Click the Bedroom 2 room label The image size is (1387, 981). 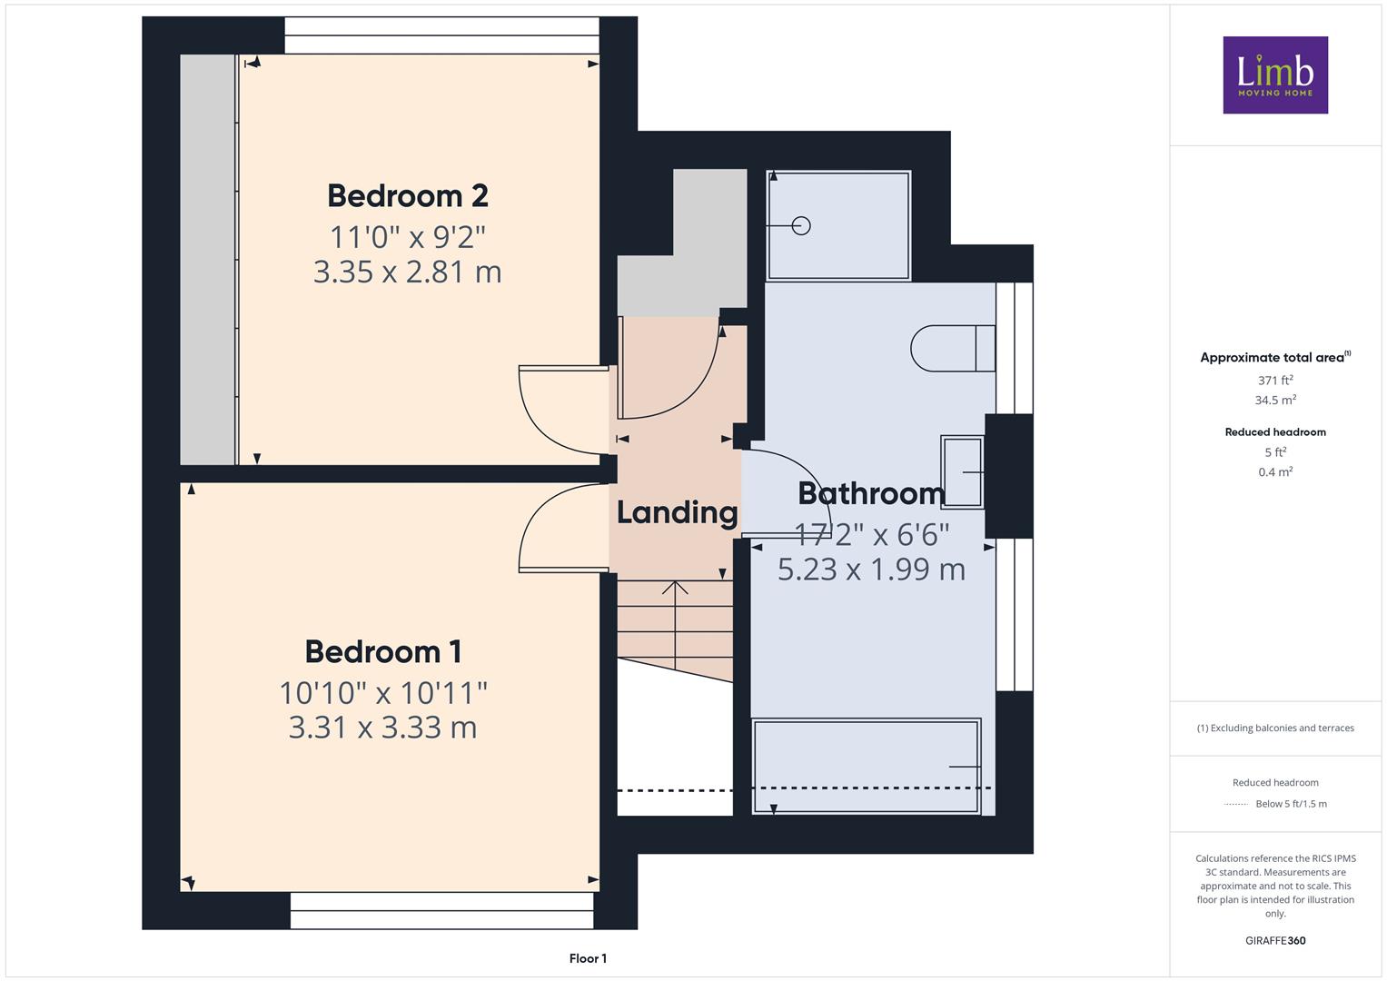(x=408, y=195)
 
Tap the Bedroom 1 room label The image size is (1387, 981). (x=383, y=651)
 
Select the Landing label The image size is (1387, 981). (x=677, y=514)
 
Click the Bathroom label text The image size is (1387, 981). (x=871, y=493)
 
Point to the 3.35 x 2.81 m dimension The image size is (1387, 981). (x=408, y=272)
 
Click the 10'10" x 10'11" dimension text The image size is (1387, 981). (x=383, y=692)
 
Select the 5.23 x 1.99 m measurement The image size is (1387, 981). (x=871, y=570)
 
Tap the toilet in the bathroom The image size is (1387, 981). (x=953, y=348)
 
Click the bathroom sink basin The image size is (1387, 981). (x=962, y=472)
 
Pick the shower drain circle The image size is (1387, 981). (x=801, y=226)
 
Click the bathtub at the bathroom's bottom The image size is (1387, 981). (x=866, y=766)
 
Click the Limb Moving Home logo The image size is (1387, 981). (x=1275, y=74)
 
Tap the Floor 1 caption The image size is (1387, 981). (x=588, y=958)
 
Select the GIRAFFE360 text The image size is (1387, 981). (x=1275, y=940)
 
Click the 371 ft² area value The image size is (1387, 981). (x=1275, y=380)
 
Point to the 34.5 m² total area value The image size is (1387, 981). (x=1275, y=400)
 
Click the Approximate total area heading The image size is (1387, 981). (x=1275, y=357)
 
